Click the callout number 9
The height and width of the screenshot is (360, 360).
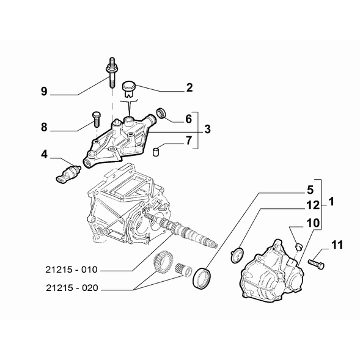tap(44, 92)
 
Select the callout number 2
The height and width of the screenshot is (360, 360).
tap(189, 87)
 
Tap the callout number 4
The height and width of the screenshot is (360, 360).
tap(44, 154)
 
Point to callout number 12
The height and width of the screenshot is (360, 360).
tap(313, 205)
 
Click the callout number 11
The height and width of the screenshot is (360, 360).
tap(337, 244)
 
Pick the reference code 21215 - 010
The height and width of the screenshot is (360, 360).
tap(72, 270)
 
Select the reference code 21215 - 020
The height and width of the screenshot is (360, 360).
tap(72, 288)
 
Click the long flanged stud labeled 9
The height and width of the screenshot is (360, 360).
tap(112, 73)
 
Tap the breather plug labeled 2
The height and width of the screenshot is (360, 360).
tap(129, 89)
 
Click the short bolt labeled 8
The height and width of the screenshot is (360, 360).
tap(96, 119)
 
